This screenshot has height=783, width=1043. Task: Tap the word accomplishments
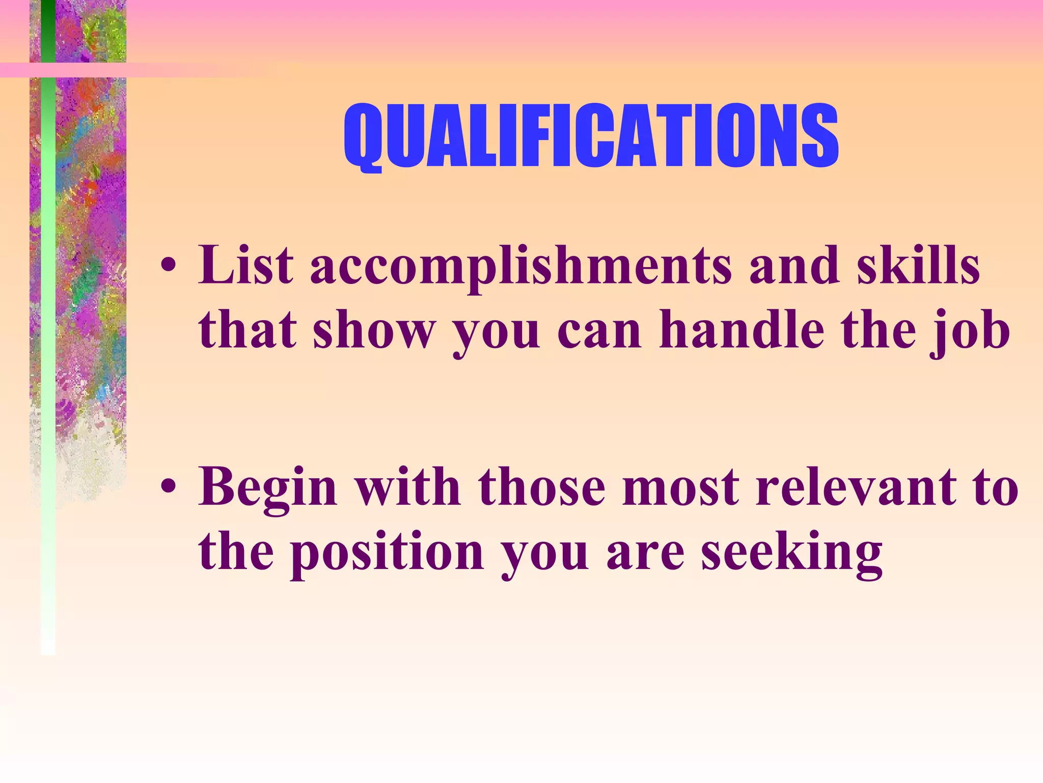[521, 266]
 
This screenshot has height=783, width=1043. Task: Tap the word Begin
[268, 488]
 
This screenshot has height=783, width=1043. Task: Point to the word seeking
[792, 553]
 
